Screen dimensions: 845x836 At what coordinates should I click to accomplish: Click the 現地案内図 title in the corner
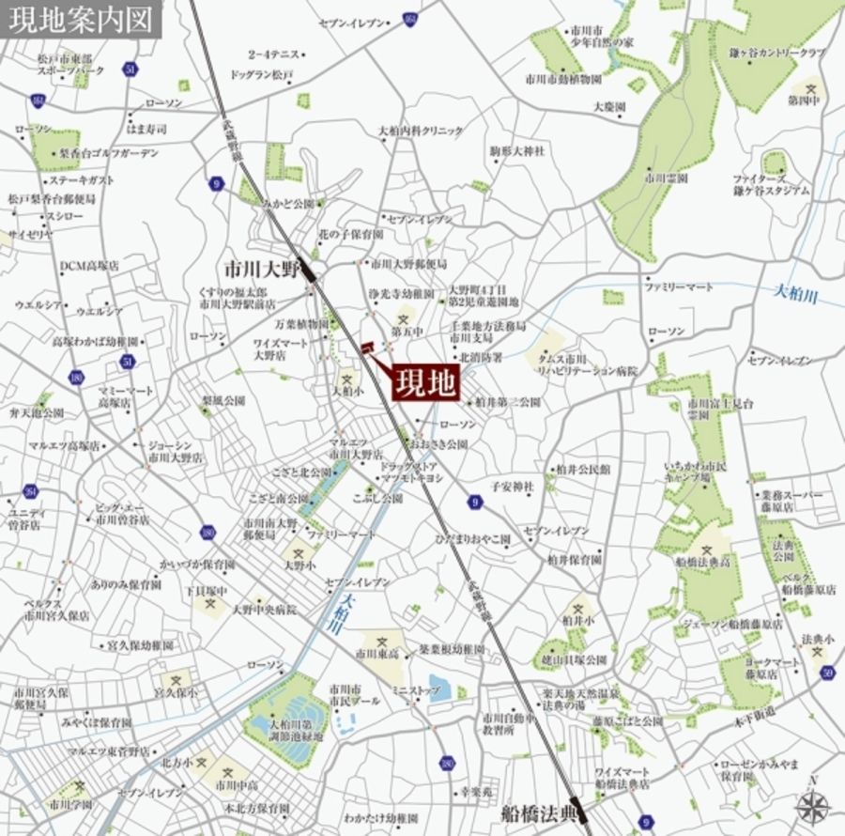79,20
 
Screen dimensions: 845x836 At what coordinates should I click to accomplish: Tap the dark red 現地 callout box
425,381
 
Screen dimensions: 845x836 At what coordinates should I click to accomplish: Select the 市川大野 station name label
261,268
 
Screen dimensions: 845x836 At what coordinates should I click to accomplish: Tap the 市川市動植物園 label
563,80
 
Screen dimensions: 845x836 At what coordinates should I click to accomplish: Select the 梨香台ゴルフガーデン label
109,153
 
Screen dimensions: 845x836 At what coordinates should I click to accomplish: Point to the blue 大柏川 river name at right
796,295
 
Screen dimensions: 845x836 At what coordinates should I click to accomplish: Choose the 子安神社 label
512,486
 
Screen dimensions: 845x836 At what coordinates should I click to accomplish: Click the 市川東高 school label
375,651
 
